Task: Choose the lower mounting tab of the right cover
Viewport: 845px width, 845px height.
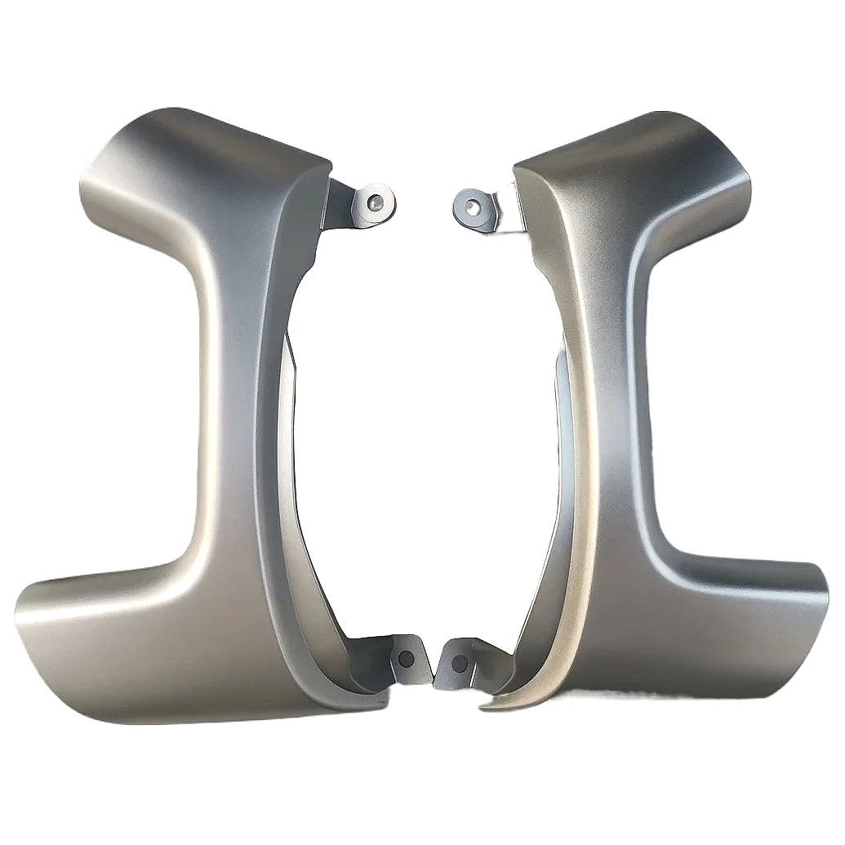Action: tap(457, 661)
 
